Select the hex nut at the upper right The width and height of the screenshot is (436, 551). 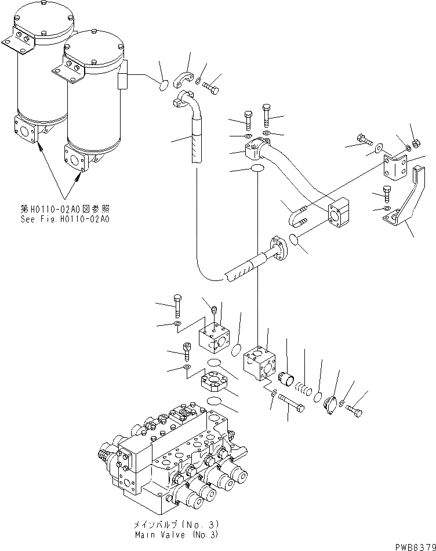(416, 143)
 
